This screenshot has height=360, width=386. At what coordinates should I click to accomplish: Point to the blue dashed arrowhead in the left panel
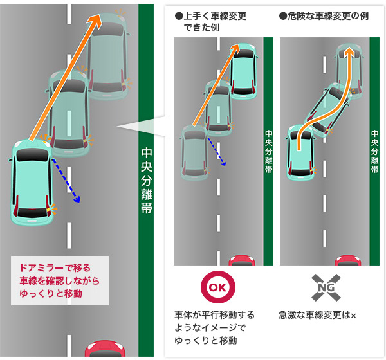pos(77,200)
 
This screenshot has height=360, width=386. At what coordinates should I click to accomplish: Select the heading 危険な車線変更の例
pos(324,15)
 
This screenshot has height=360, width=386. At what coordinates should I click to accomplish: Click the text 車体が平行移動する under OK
pos(214,316)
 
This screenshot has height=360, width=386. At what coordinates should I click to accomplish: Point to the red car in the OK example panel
pos(241,260)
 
